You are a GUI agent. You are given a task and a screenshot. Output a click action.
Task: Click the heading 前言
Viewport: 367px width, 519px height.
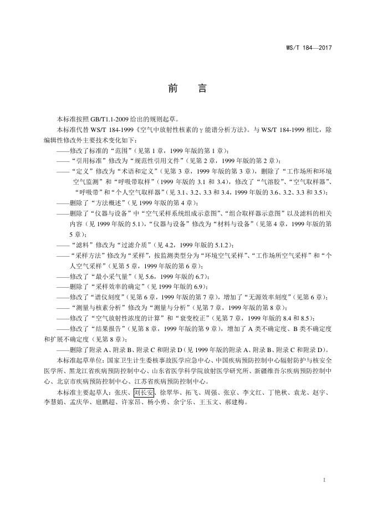(x=183, y=89)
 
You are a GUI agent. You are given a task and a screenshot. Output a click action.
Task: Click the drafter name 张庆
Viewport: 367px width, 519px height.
(x=120, y=393)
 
